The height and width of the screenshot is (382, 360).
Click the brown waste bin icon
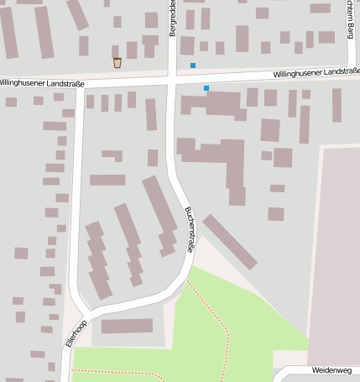(x=117, y=62)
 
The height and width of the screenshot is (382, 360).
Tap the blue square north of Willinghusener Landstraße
(x=192, y=65)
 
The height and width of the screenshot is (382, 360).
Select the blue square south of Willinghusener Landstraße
(x=206, y=87)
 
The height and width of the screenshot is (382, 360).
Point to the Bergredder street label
(x=173, y=18)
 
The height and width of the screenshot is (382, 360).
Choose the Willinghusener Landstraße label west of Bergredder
(x=42, y=82)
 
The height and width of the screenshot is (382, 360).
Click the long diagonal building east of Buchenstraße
(x=229, y=241)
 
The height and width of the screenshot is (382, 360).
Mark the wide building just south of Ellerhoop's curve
(x=128, y=326)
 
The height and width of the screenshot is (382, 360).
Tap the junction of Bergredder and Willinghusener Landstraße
(x=173, y=79)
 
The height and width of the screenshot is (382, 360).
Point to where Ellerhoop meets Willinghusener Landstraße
(x=80, y=86)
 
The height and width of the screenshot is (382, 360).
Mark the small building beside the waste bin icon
(x=131, y=50)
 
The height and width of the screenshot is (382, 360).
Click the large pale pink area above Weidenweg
(x=336, y=252)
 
